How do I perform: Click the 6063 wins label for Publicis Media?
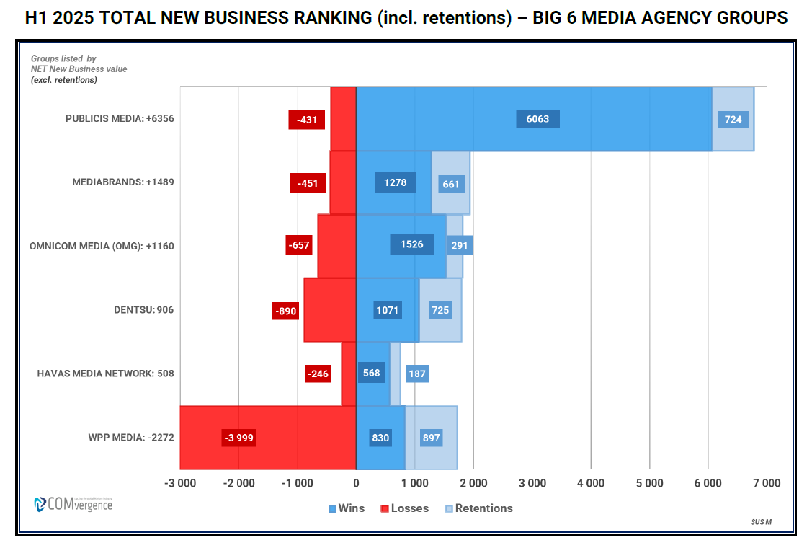click(x=537, y=119)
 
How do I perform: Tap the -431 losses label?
click(x=307, y=120)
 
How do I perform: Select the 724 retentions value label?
click(x=733, y=119)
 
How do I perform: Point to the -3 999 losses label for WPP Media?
click(x=238, y=438)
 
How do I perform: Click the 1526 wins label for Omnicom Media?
click(x=411, y=244)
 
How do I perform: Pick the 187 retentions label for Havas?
click(x=416, y=374)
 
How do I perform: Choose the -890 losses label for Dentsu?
click(x=285, y=311)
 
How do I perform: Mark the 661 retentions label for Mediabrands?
click(x=451, y=184)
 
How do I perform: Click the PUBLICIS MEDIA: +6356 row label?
click(x=120, y=119)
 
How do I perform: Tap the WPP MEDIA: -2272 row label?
click(x=131, y=438)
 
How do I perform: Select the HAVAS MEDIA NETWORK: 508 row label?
click(x=105, y=374)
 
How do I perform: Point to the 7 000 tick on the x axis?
click(x=766, y=484)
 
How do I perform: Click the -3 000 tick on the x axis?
click(x=180, y=484)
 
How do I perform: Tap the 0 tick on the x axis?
click(x=356, y=484)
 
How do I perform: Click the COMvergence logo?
click(x=73, y=504)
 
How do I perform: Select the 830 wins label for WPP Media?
click(x=380, y=438)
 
